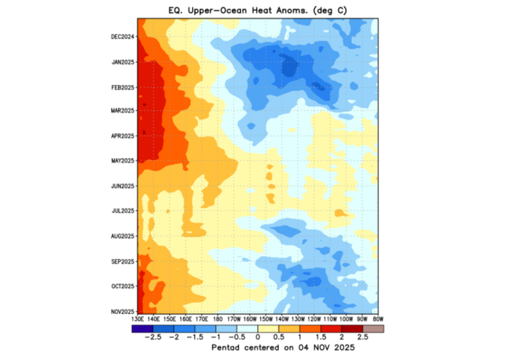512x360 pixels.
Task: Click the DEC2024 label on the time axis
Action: (x=122, y=36)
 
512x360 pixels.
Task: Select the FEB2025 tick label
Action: (x=122, y=86)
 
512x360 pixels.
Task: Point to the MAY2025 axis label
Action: (x=122, y=160)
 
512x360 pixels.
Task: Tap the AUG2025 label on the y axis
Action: (x=122, y=235)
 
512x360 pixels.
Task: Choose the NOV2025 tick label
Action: (x=122, y=311)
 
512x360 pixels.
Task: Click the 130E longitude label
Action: (x=137, y=318)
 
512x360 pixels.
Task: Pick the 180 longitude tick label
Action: (x=217, y=318)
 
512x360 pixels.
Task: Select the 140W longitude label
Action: (x=281, y=318)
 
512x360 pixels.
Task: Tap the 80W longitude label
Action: (x=377, y=318)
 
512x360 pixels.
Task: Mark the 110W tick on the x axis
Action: (x=329, y=318)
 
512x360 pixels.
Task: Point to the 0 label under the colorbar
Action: (x=257, y=337)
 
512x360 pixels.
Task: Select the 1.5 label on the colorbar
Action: (x=321, y=337)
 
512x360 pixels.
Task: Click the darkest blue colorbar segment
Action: (x=142, y=328)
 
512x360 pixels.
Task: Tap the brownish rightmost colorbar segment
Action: (x=373, y=328)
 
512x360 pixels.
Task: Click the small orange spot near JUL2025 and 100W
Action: (x=340, y=213)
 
